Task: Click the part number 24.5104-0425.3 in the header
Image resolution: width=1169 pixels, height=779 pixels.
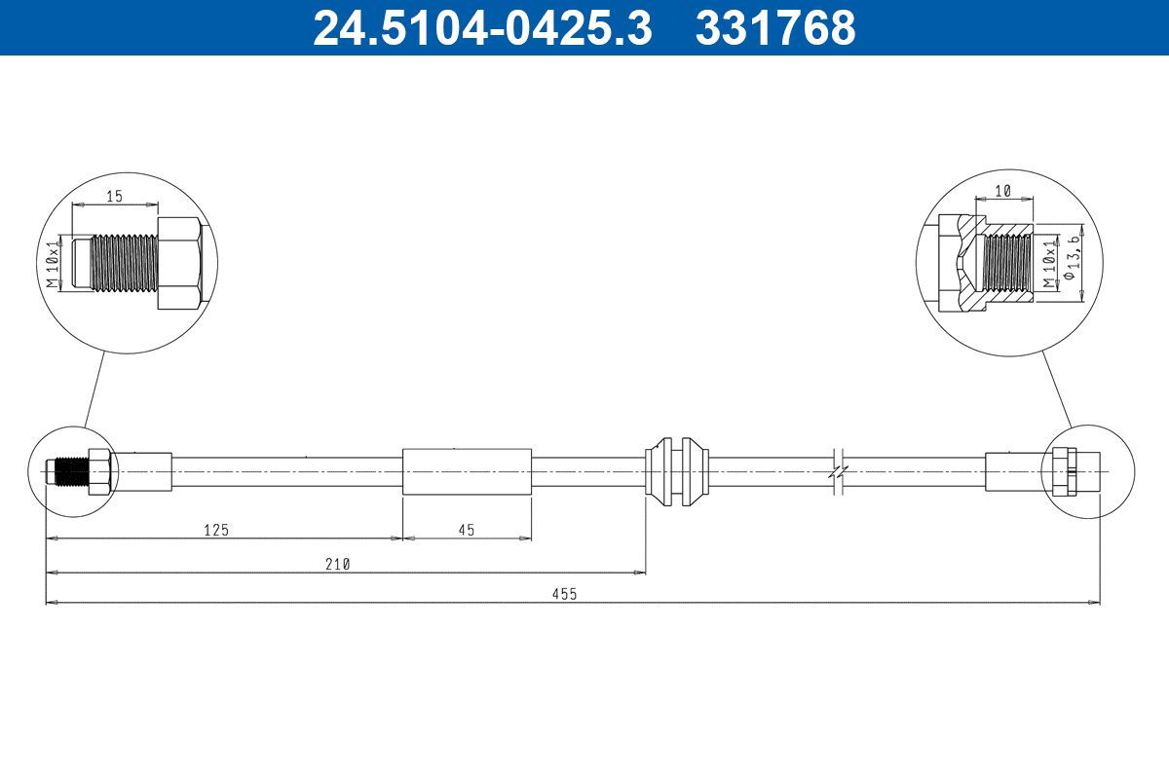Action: pos(480,27)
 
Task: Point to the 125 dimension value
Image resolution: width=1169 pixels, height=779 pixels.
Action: pos(216,530)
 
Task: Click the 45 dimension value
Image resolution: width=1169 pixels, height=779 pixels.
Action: pos(466,530)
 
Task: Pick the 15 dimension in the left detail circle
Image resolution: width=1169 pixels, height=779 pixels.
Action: pos(114,196)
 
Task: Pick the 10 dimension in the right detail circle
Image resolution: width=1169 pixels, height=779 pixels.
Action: pos(1003,192)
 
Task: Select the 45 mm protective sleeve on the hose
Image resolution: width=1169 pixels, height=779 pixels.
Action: pos(468,471)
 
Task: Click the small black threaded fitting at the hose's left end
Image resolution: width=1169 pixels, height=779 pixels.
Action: pos(67,471)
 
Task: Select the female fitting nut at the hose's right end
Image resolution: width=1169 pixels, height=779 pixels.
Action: pos(1064,471)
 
